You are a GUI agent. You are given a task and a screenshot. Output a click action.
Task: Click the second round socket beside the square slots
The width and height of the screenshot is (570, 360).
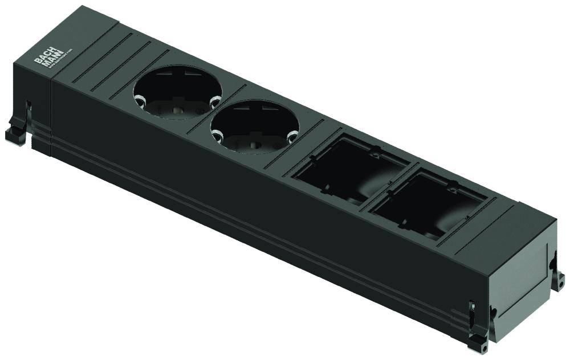point(254,126)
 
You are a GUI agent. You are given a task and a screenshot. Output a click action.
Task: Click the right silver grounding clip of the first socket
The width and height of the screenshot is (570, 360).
point(214,101)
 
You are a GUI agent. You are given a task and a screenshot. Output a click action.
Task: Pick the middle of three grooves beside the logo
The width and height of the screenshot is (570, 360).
point(117,63)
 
